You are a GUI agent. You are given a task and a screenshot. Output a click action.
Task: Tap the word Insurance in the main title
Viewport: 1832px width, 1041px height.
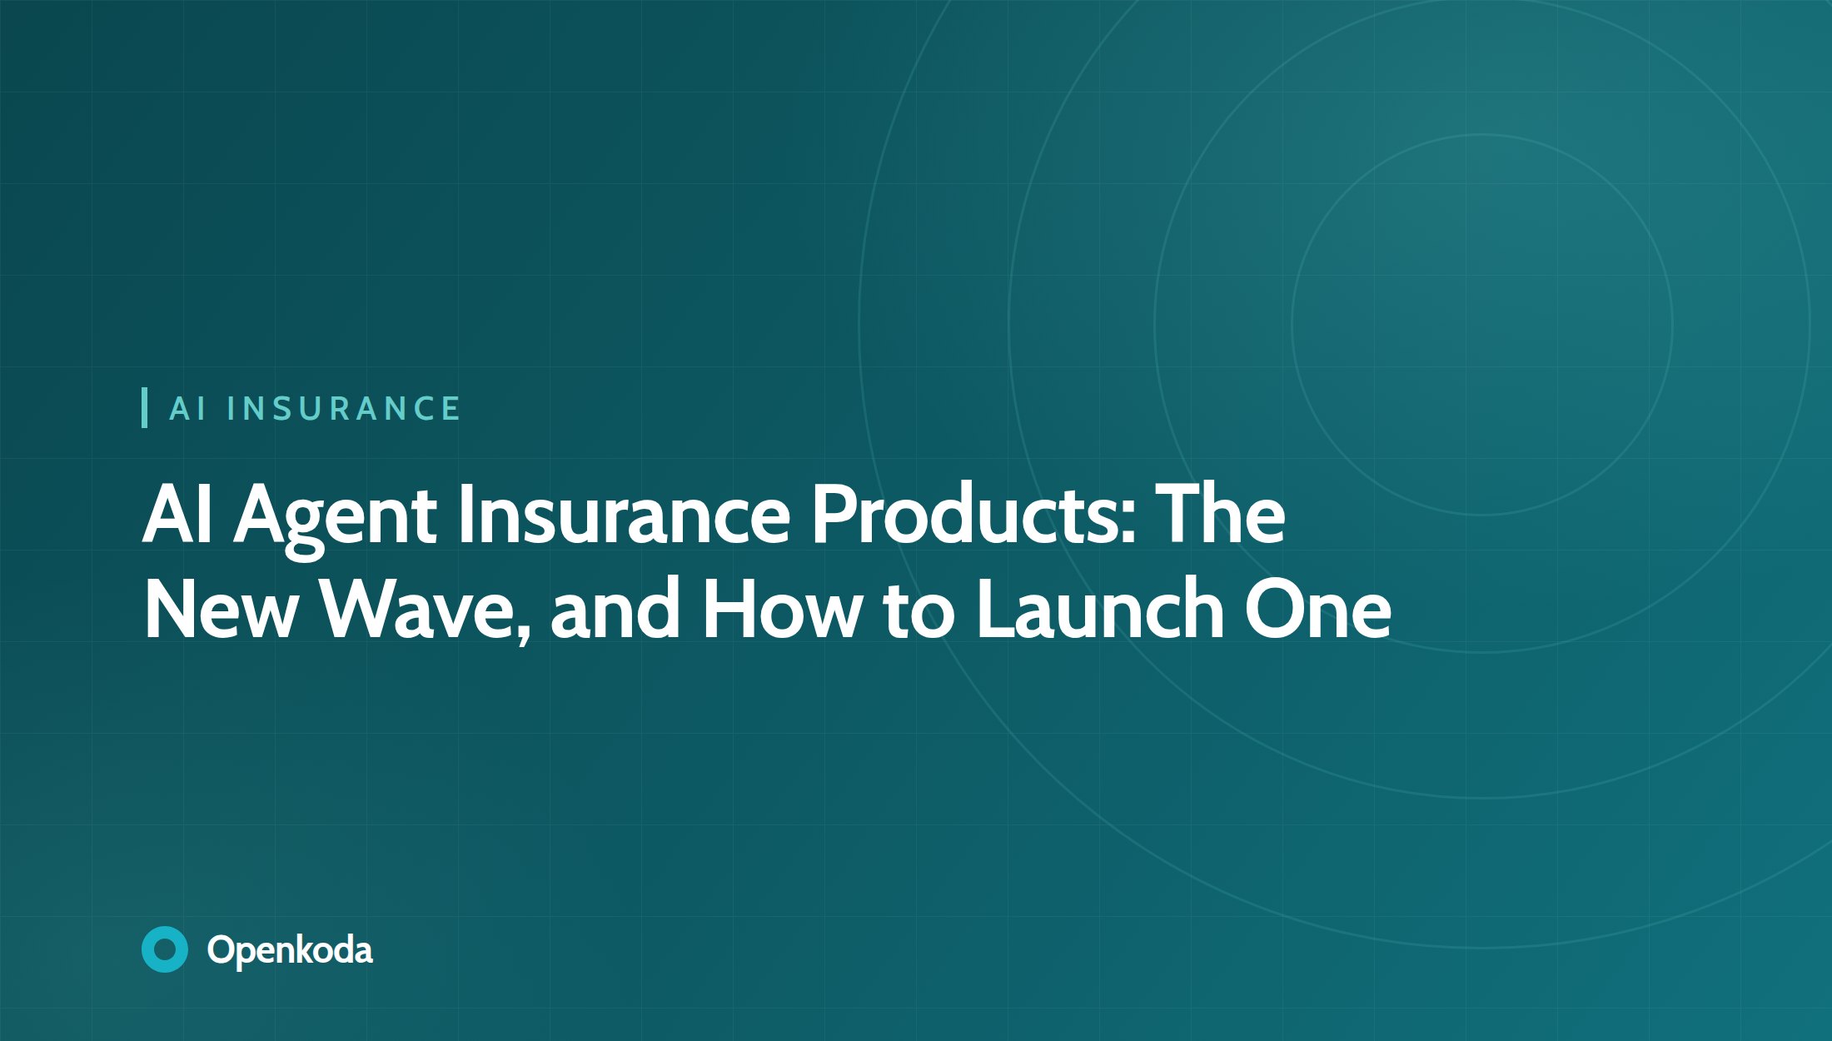click(x=624, y=515)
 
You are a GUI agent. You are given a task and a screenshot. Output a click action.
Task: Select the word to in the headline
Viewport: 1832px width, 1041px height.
click(x=917, y=611)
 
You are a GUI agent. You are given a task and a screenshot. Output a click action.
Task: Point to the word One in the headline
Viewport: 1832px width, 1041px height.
click(x=1317, y=610)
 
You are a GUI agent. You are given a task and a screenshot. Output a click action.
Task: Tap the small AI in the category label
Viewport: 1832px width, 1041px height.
click(x=187, y=409)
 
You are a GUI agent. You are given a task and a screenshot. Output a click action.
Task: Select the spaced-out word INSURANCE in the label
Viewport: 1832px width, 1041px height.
click(x=343, y=409)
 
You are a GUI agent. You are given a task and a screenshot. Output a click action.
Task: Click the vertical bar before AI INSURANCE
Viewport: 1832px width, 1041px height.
click(x=145, y=408)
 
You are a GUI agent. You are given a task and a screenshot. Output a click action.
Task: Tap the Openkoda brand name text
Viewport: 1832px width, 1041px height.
click(x=290, y=950)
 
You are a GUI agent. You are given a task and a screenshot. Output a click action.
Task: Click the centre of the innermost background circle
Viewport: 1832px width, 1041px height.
click(x=1482, y=325)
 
